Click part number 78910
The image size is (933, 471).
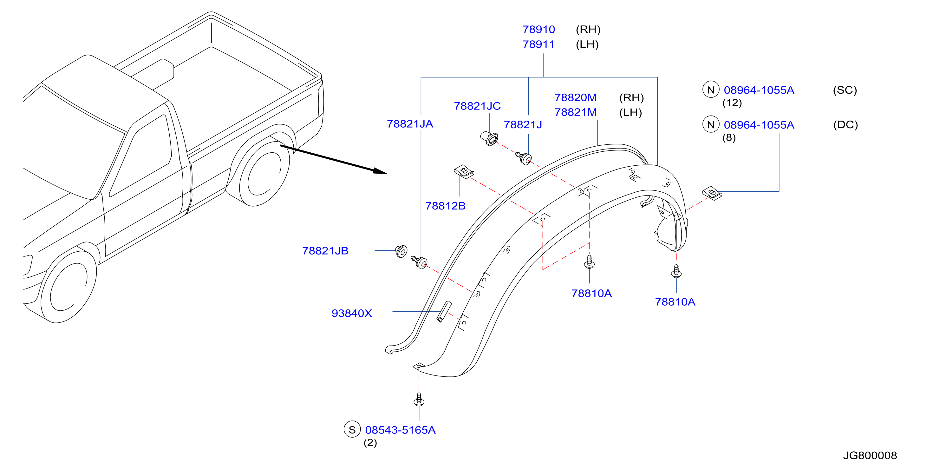click(538, 30)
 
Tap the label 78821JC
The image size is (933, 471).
click(477, 106)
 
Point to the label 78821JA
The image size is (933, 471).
click(410, 124)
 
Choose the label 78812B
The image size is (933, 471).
click(445, 206)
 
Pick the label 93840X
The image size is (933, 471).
click(352, 313)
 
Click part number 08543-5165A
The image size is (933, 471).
click(400, 430)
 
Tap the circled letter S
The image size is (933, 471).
click(352, 429)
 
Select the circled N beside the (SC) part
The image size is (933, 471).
click(711, 90)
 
